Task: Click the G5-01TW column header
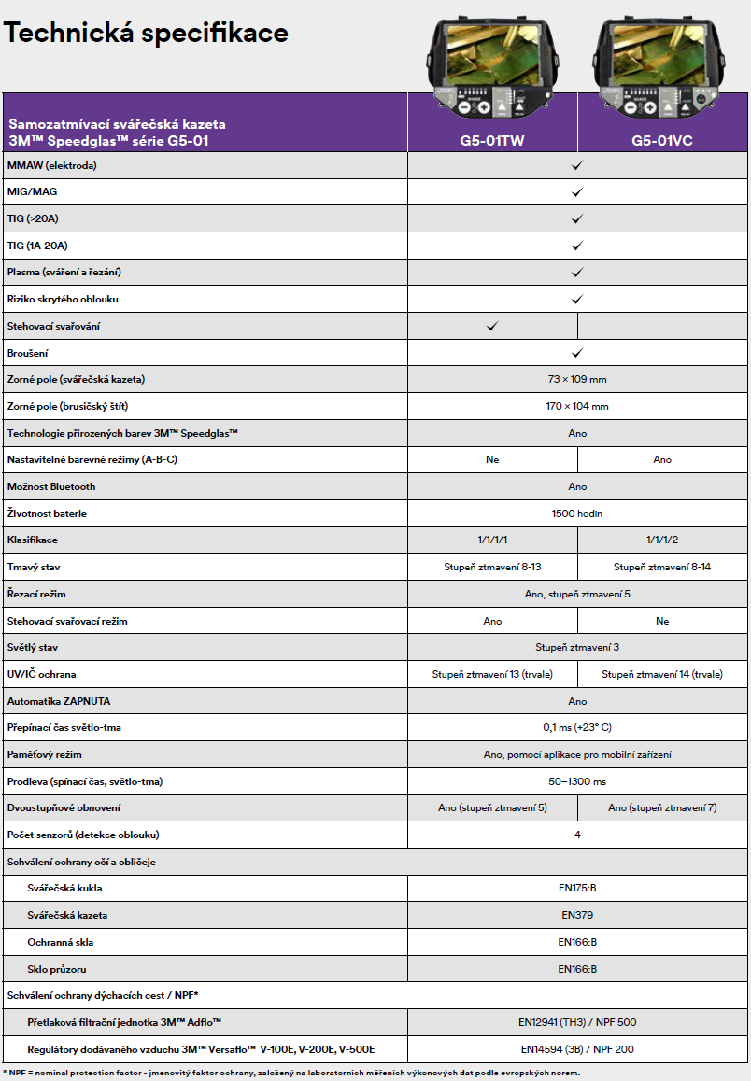[492, 141]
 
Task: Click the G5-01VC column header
[661, 141]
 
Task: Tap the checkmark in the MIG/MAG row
[577, 191]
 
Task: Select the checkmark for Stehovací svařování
[492, 326]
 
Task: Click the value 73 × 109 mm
[577, 380]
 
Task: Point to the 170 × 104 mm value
[577, 406]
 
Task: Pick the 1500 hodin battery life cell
[577, 513]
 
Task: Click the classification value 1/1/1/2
[662, 540]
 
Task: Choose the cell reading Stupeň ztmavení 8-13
[492, 567]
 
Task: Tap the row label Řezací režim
[36, 594]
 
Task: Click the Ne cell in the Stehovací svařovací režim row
[662, 621]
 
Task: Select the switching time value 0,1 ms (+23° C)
[577, 727]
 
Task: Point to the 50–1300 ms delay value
[577, 781]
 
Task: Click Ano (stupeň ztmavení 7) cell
[662, 807]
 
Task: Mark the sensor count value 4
[577, 835]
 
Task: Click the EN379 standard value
[577, 915]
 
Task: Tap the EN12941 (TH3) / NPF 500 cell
[577, 1022]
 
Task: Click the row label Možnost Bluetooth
[51, 486]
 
